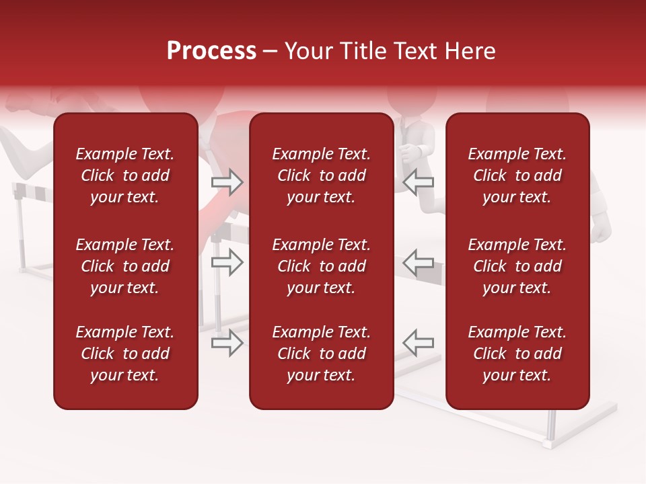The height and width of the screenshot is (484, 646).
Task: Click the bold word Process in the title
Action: point(211,51)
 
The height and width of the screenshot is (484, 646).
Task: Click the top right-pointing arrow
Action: point(227,182)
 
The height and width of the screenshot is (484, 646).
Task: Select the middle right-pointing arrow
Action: point(227,263)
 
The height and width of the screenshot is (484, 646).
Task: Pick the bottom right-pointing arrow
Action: point(227,343)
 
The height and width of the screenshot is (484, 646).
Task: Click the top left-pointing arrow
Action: point(419,182)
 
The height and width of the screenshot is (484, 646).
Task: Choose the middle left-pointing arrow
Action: point(419,263)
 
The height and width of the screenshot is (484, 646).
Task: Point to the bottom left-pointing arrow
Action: point(419,343)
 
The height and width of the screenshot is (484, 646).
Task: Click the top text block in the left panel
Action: point(125,175)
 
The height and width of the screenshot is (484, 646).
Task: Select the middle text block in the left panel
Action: point(125,266)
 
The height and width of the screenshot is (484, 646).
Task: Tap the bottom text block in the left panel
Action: point(125,354)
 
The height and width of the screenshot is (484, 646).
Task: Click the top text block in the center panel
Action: point(321,175)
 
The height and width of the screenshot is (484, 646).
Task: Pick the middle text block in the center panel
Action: point(321,266)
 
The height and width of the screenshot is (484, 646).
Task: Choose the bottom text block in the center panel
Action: point(321,354)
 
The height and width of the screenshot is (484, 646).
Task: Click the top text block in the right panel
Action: point(517,175)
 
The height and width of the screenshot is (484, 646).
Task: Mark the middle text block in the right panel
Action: point(517,266)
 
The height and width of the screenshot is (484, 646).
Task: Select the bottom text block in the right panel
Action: point(517,354)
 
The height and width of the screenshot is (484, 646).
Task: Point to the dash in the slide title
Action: point(270,52)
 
